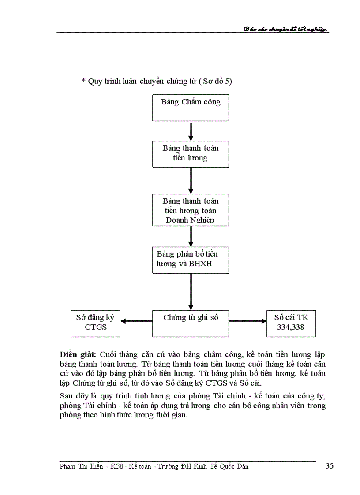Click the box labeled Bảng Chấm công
pos(191,108)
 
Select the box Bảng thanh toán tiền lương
pos(191,154)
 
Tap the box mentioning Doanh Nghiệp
pos(191,210)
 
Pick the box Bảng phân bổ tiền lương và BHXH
pos(191,260)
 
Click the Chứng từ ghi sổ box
pos(191,323)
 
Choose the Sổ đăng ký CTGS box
pos(96,323)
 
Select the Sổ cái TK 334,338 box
pos(291,323)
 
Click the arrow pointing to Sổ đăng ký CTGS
pos(136,321)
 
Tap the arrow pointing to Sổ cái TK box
pos(247,321)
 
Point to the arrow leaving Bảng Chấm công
pos(191,131)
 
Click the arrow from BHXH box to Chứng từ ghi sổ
pos(191,291)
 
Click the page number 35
pos(329,466)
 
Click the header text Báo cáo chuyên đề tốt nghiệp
pos(286,29)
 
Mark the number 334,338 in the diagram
pos(291,328)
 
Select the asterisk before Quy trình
pos(83,81)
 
